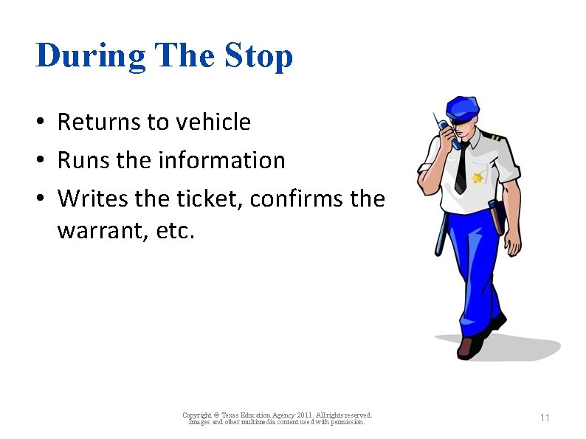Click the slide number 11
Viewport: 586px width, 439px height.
pos(545,418)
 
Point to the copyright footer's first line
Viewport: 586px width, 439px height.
pos(277,415)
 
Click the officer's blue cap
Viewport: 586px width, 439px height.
pos(463,107)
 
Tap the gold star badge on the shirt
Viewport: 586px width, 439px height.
pos(477,177)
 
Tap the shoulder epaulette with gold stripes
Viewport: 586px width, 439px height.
pos(490,138)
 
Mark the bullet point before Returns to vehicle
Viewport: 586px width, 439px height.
pos(44,122)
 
